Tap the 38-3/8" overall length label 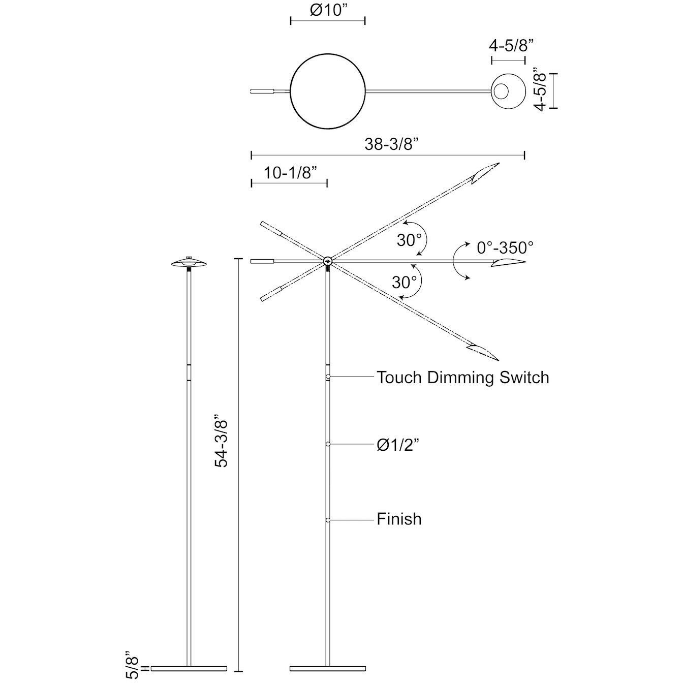pyautogui.click(x=391, y=144)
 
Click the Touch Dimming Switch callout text pyautogui.click(x=462, y=378)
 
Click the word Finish pyautogui.click(x=399, y=519)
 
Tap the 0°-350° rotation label pyautogui.click(x=505, y=248)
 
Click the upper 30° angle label pyautogui.click(x=409, y=240)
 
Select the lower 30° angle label pyautogui.click(x=404, y=282)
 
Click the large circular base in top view pyautogui.click(x=327, y=92)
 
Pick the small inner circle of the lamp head pyautogui.click(x=501, y=92)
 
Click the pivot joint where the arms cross pyautogui.click(x=327, y=262)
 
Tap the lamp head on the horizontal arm pyautogui.click(x=508, y=262)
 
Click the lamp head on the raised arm pyautogui.click(x=484, y=173)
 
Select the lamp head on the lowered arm pyautogui.click(x=483, y=352)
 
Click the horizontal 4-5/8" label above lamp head pyautogui.click(x=511, y=46)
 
